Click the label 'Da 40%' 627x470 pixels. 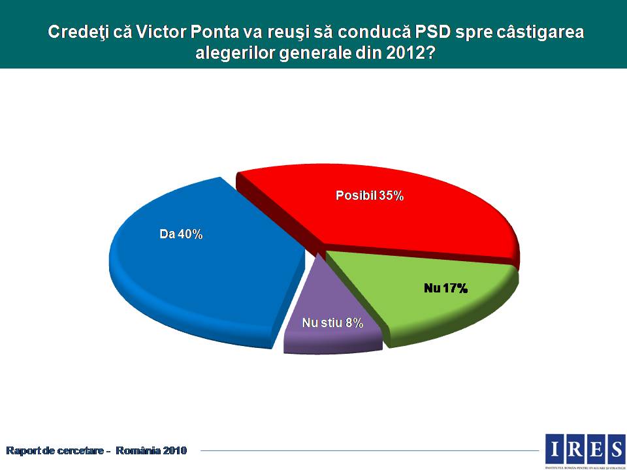click(x=181, y=234)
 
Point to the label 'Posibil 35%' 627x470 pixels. click(x=370, y=195)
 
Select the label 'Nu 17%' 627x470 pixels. click(x=445, y=288)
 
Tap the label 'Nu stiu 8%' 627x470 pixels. click(x=332, y=323)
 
